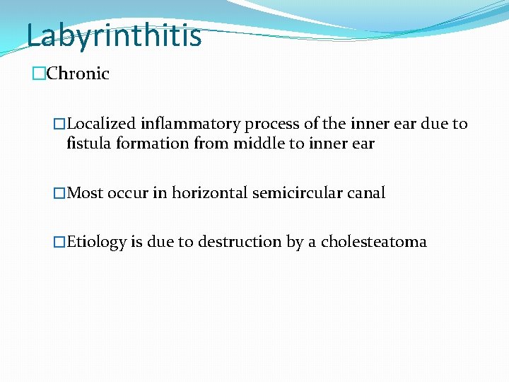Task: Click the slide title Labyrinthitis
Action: point(114,35)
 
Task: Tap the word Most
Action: point(85,193)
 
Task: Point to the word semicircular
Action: point(298,193)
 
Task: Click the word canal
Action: point(367,193)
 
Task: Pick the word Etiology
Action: point(96,242)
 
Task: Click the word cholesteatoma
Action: point(374,242)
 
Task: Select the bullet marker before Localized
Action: point(59,125)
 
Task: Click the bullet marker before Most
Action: point(59,193)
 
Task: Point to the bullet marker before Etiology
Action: point(59,242)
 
